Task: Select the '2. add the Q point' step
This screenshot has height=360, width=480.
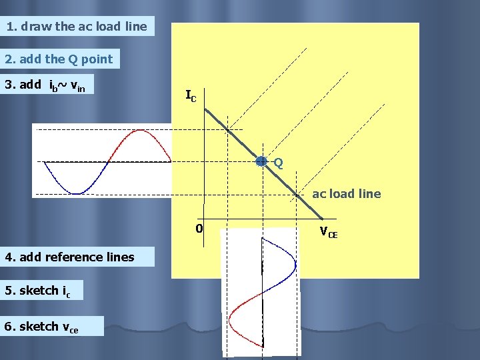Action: pos(59,59)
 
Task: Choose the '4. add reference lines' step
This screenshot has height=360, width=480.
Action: pos(70,257)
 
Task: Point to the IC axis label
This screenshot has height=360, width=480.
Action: pos(191,96)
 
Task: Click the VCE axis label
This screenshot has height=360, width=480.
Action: pos(328,233)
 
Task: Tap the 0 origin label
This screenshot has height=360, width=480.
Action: pos(199,229)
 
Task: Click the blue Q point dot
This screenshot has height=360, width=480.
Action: pos(262,161)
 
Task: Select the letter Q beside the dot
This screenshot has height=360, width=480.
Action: pos(278,163)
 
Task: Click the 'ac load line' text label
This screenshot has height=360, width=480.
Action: pos(347,194)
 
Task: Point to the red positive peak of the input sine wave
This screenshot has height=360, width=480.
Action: pos(139,131)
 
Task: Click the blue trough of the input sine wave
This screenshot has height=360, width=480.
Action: pos(77,193)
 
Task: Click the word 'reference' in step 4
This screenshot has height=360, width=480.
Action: pos(71,257)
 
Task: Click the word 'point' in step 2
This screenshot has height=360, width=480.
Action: pos(97,59)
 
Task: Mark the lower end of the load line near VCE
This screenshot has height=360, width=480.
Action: pos(323,218)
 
